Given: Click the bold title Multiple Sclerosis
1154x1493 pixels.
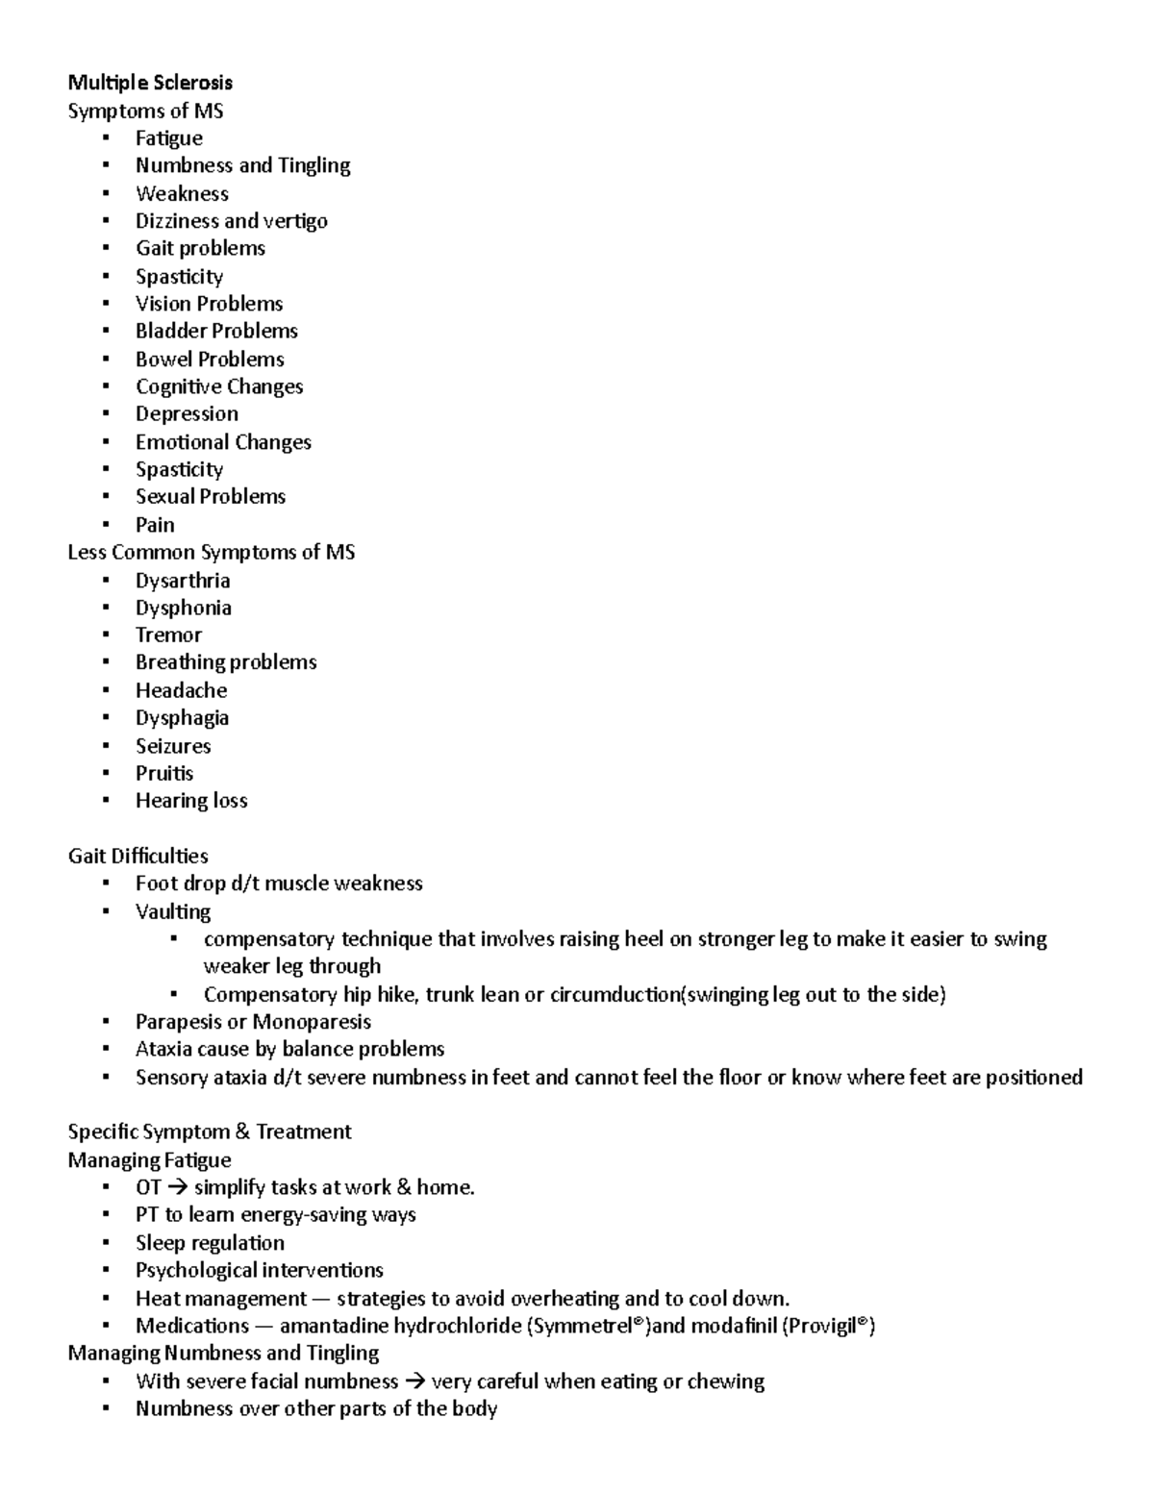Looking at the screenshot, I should coord(150,83).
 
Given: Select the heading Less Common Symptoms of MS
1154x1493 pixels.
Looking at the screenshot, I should coord(211,553).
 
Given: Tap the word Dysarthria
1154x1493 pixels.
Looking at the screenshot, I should coord(183,581).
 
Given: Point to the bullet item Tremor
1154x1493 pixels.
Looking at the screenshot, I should coord(168,635).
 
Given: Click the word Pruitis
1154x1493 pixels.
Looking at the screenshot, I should coord(164,774).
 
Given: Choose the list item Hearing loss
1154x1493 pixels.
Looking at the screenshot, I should coord(191,801).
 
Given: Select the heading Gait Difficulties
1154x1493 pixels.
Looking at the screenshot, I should coord(138,856).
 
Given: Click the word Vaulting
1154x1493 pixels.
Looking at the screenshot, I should coord(173,911).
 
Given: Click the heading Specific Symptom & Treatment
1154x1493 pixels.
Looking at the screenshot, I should coord(210,1132).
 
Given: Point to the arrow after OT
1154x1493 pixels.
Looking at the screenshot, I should coord(178,1188).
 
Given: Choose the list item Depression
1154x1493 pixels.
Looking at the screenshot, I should coord(187,414).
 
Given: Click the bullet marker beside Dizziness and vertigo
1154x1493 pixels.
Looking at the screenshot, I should coord(107,221).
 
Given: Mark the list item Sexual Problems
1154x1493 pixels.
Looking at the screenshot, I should coord(211,497).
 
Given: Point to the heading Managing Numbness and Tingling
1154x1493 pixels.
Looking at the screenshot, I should coord(223,1354).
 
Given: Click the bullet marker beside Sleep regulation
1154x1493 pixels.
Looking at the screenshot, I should coord(107,1243).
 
